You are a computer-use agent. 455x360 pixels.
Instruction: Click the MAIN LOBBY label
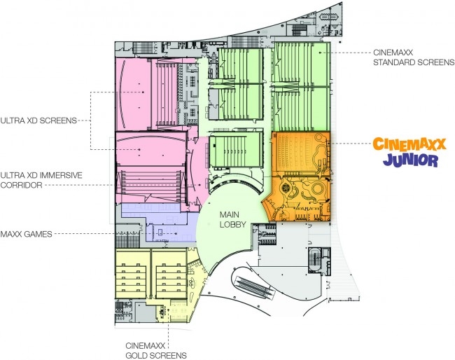pyautogui.click(x=232, y=219)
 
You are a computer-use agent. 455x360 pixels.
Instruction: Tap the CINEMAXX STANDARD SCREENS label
pyautogui.click(x=414, y=57)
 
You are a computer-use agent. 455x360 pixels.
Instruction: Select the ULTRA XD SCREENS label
pyautogui.click(x=38, y=120)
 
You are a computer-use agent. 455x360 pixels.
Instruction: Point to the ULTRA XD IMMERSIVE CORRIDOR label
pyautogui.click(x=41, y=180)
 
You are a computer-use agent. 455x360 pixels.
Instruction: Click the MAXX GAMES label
pyautogui.click(x=26, y=234)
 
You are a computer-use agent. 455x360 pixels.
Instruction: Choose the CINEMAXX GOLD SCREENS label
pyautogui.click(x=156, y=350)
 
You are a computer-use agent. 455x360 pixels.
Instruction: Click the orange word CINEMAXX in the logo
pyautogui.click(x=409, y=144)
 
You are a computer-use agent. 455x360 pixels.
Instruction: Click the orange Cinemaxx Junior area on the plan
pyautogui.click(x=300, y=176)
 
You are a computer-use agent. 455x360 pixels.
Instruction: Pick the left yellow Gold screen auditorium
pyautogui.click(x=133, y=273)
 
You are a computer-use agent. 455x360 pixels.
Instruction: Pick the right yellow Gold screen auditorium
pyautogui.click(x=169, y=273)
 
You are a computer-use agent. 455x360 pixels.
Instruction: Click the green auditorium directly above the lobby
pyautogui.click(x=236, y=149)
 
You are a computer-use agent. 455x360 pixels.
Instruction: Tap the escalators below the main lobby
pyautogui.click(x=255, y=286)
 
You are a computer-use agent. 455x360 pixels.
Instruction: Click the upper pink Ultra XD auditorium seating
pyautogui.click(x=167, y=92)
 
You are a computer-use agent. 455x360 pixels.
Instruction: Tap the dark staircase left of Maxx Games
pyautogui.click(x=127, y=240)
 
